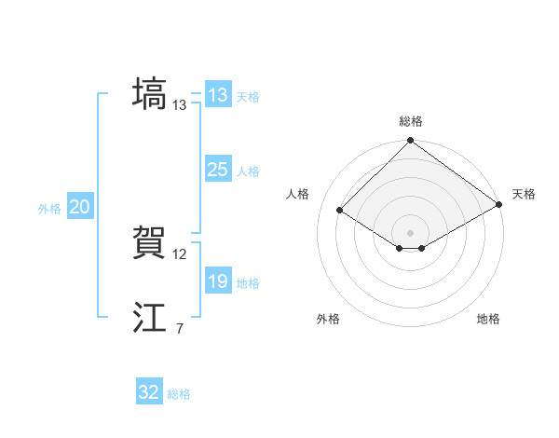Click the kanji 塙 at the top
[149, 94]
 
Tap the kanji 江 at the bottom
[149, 319]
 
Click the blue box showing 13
[217, 95]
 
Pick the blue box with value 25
[217, 170]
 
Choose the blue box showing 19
[217, 281]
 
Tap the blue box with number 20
[79, 208]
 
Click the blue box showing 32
[149, 392]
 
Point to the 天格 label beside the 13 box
[248, 96]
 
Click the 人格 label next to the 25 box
[248, 171]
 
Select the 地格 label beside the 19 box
[248, 282]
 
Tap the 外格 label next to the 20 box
[49, 209]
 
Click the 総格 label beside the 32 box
[179, 394]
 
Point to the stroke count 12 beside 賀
[180, 253]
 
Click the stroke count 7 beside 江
[179, 328]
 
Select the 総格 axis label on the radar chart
[411, 121]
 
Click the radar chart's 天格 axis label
[524, 194]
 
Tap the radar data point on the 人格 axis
[340, 211]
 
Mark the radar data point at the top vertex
[411, 142]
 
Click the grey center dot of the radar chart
[411, 232]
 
